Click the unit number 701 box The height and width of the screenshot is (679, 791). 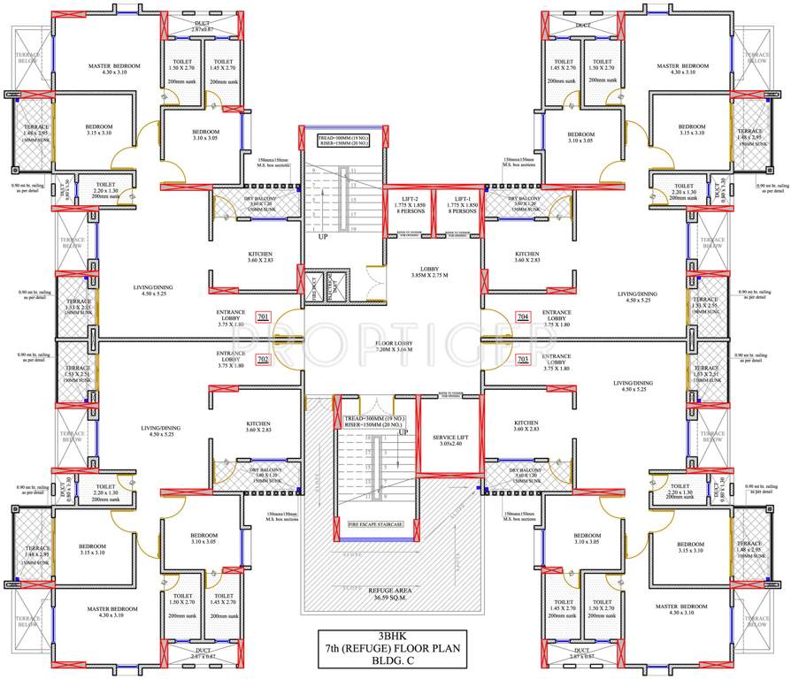click(263, 317)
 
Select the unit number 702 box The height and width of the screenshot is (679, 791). click(263, 360)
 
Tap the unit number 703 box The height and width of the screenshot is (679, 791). click(522, 360)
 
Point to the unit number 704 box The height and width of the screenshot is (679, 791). click(522, 317)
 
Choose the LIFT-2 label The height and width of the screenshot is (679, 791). click(411, 200)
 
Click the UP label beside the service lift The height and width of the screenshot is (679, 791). click(403, 432)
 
